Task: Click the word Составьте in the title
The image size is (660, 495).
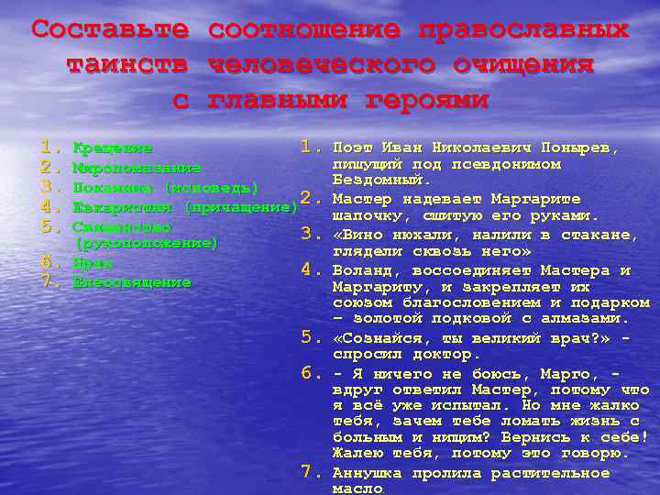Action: pos(110,29)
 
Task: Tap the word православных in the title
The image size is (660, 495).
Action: pos(523,29)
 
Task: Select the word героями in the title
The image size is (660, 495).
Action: pos(426,99)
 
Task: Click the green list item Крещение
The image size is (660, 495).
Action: pos(113,148)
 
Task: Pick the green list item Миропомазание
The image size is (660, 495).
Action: pos(137,168)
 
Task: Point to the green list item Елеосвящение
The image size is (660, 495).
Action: pos(132,282)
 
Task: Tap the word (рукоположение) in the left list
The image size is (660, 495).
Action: pos(148,243)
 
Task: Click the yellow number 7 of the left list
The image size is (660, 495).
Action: pos(49,281)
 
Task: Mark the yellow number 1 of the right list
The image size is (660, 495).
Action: pos(309,147)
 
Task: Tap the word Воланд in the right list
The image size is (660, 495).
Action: pos(362,270)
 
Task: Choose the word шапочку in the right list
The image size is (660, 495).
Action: pos(366,216)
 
